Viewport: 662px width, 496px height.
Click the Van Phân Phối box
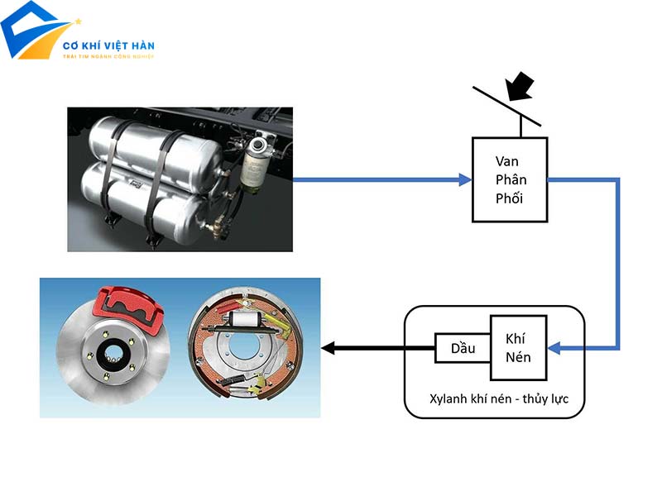(511, 179)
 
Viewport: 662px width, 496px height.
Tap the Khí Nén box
(518, 348)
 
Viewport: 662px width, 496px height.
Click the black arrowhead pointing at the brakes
(328, 348)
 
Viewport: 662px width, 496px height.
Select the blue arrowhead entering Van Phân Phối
(465, 179)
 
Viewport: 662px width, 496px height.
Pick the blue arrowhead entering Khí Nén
(554, 348)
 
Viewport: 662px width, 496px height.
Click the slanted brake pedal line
(506, 106)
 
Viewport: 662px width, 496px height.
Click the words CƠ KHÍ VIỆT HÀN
(108, 45)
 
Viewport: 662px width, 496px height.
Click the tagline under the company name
(108, 58)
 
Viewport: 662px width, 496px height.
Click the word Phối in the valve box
(511, 198)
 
